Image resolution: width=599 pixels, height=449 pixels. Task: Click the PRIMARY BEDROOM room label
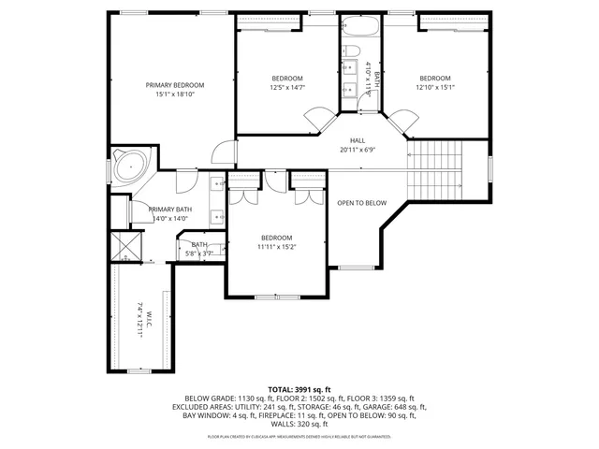click(x=174, y=85)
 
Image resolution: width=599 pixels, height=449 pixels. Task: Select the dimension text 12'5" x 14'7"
click(x=287, y=88)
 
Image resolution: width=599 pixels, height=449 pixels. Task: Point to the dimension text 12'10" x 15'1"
click(x=434, y=88)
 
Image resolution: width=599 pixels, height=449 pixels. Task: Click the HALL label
click(x=357, y=139)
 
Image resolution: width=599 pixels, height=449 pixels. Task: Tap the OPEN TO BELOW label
click(x=362, y=203)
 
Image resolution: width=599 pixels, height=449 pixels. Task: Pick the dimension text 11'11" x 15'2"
click(x=276, y=248)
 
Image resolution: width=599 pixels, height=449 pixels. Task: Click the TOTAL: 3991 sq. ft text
click(x=299, y=388)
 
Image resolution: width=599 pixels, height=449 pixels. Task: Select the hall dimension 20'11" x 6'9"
click(x=357, y=149)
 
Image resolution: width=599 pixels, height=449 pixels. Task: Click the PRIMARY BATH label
click(x=170, y=210)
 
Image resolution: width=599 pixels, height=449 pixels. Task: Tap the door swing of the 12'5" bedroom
click(x=318, y=119)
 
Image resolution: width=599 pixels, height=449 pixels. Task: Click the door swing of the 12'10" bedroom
click(x=404, y=120)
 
